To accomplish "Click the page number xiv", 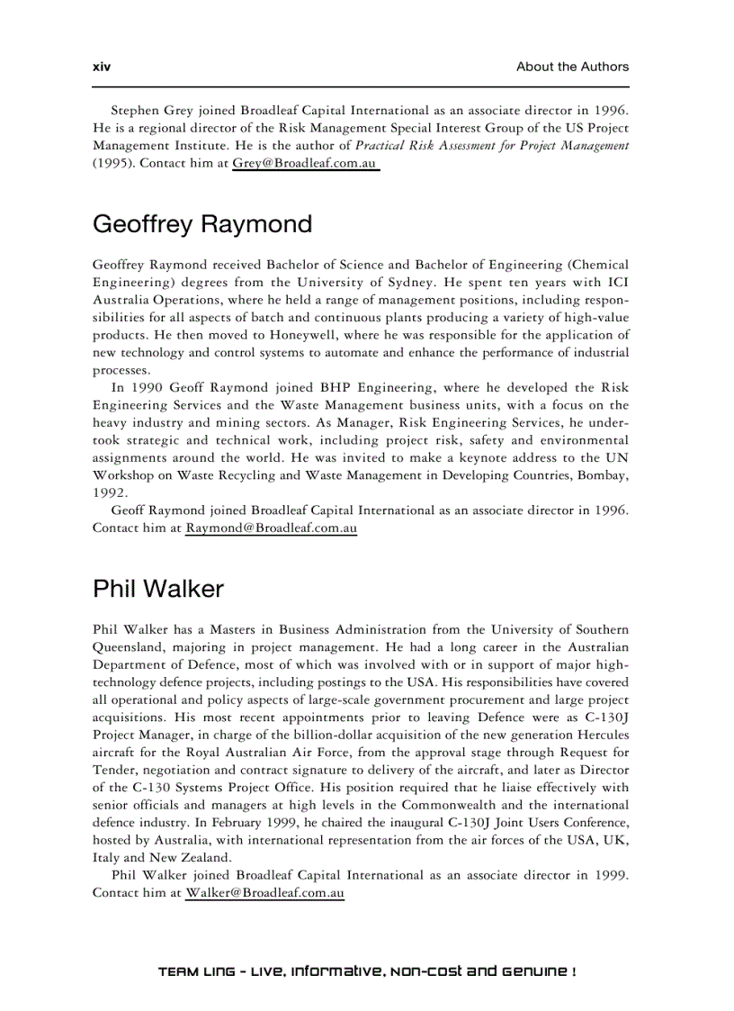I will pos(101,67).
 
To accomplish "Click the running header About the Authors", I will pos(572,67).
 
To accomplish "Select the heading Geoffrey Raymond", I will pos(202,224).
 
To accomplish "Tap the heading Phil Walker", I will pos(158,589).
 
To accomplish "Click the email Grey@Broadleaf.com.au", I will pos(304,163).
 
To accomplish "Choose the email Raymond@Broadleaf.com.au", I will pos(271,528).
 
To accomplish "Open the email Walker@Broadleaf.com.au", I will pos(264,892).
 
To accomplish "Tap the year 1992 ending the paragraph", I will pos(110,492).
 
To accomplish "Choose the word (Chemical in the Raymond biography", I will pos(598,265).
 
